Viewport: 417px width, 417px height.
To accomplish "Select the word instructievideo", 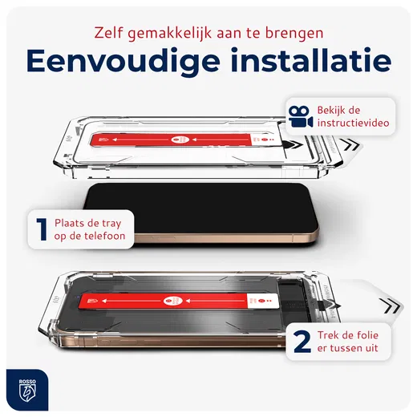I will pos(354,124).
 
